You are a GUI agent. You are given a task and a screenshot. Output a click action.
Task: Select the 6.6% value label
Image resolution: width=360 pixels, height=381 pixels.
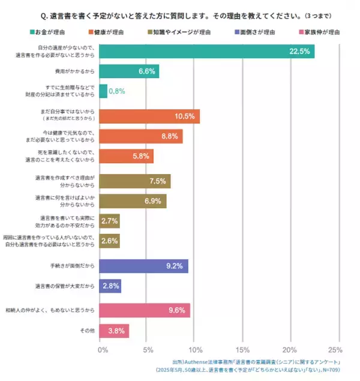coord(147,71)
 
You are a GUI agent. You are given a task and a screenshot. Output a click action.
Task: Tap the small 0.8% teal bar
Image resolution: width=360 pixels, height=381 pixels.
coord(103,91)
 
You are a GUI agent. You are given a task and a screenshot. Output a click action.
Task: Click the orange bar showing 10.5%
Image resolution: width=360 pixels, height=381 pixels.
coord(149,116)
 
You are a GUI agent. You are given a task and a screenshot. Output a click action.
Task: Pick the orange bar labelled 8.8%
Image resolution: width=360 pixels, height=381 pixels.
coord(140,136)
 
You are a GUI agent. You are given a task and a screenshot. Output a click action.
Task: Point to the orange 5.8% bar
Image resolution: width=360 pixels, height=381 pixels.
coord(126,156)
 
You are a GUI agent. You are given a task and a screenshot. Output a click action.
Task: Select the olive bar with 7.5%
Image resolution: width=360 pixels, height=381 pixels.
coord(134,181)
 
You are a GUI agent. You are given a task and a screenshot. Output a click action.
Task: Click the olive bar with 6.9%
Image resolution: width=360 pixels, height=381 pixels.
coord(132,201)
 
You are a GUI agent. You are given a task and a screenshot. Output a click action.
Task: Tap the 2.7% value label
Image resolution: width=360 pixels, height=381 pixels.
coord(109,221)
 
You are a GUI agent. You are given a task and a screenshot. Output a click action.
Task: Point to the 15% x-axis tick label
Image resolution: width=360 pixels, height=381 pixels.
coord(242,350)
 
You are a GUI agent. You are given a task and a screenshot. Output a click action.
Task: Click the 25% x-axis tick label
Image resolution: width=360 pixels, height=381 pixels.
coord(335,350)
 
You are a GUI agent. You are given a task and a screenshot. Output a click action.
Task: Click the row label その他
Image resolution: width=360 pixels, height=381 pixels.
coord(86,331)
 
